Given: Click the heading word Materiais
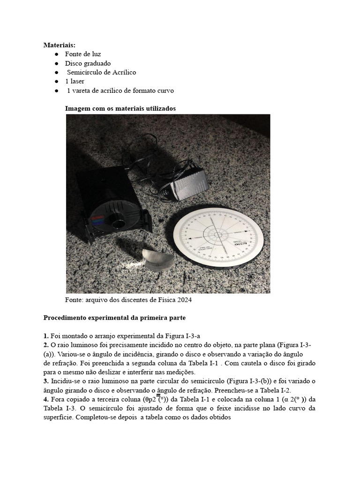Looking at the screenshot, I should [60, 45].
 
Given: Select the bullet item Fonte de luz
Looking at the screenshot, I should [83, 54].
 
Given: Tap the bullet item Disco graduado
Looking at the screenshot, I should [88, 63].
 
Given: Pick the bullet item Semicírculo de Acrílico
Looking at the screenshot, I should [101, 72].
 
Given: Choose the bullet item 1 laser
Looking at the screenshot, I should [75, 81].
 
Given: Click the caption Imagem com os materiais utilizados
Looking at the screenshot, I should [120, 108].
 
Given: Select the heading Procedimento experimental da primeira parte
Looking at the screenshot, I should [115, 318].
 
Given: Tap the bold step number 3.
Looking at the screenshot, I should [46, 381].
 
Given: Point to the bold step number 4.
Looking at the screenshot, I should [46, 399].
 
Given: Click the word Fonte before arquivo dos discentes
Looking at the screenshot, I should [74, 300].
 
